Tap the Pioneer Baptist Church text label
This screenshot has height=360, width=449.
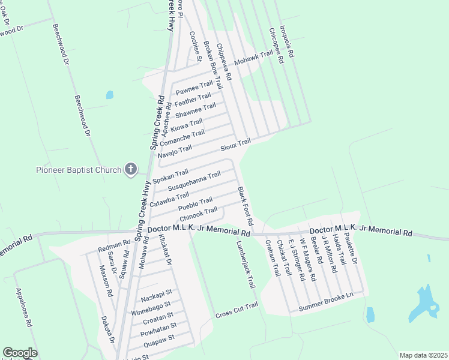78,170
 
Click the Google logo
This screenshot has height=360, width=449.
20,353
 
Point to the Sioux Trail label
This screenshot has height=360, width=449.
235,145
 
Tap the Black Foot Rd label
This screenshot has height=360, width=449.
245,206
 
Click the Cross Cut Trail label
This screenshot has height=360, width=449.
237,310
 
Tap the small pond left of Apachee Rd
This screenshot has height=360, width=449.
109,95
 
